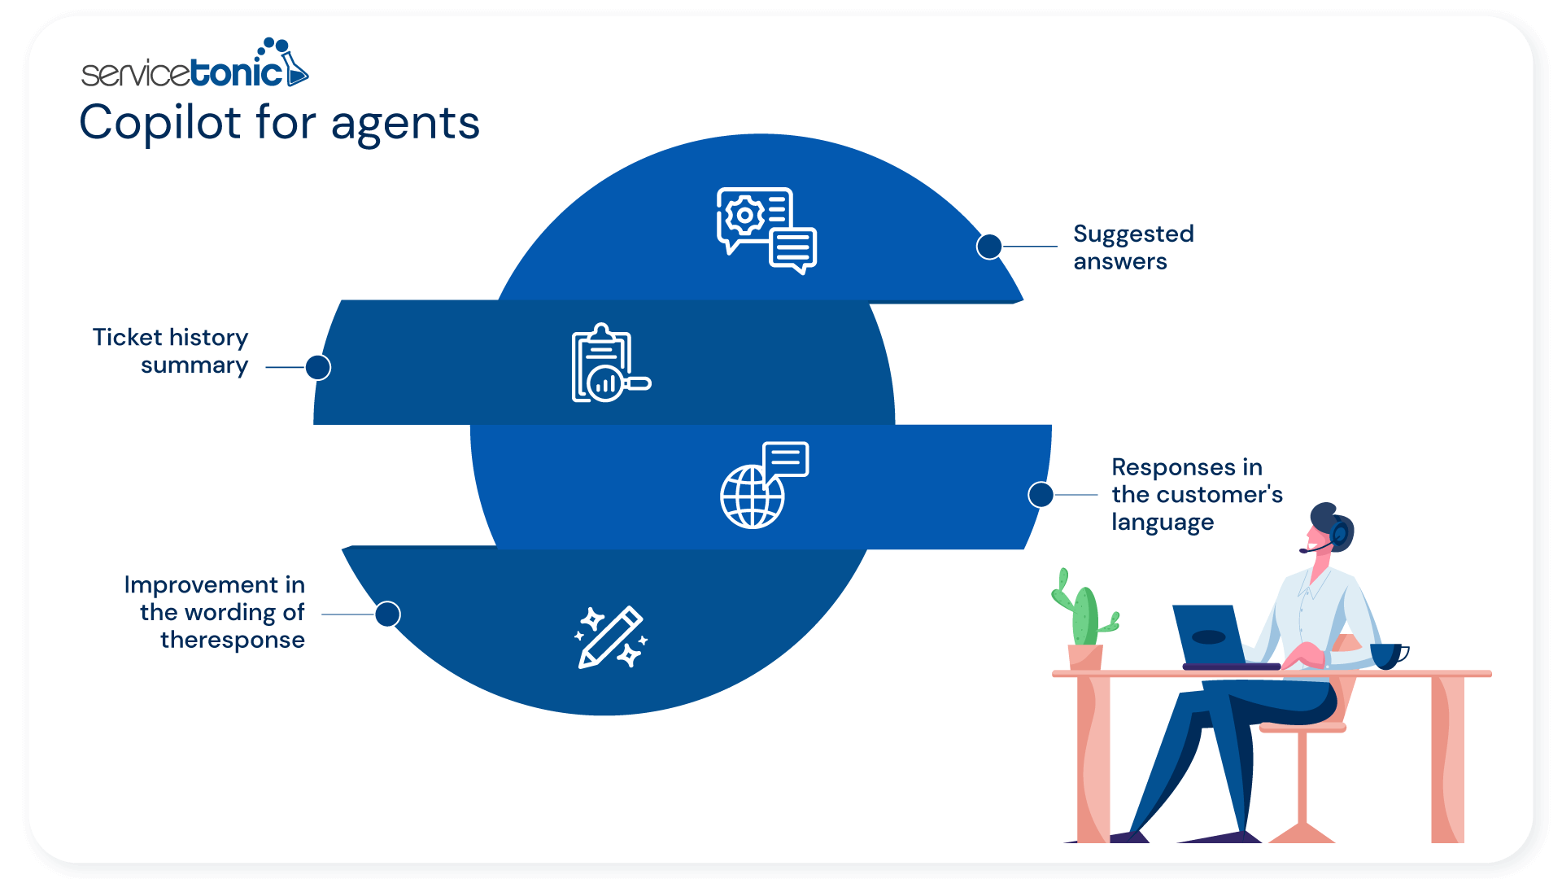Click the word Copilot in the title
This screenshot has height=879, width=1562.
[160, 123]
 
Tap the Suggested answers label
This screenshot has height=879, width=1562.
[1132, 247]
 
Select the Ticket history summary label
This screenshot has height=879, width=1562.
[171, 351]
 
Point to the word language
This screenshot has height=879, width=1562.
[1162, 522]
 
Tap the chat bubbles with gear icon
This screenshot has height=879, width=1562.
[766, 230]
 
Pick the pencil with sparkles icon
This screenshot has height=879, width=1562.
[611, 637]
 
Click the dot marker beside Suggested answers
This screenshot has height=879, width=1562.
[988, 246]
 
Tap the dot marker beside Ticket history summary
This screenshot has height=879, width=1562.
[318, 367]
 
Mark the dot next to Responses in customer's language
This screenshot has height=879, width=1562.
[1041, 494]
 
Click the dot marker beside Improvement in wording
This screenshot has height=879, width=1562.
[388, 614]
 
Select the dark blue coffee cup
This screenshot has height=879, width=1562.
[1387, 655]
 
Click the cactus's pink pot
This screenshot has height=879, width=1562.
[1085, 658]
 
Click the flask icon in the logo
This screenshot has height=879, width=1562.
[295, 69]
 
